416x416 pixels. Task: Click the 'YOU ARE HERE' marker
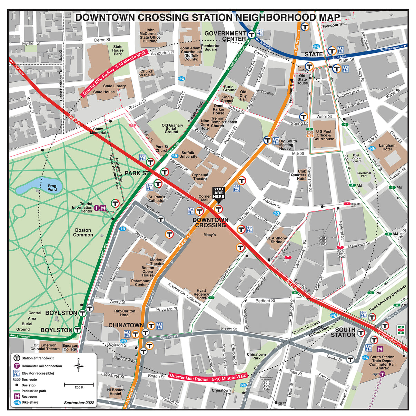coord(218,193)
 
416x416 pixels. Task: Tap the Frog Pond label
coord(52,188)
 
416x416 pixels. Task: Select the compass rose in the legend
coord(79,365)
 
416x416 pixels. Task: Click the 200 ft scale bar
coord(79,384)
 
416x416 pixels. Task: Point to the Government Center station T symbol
coord(252,34)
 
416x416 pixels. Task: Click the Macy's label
coord(209,235)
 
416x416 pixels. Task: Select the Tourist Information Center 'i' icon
coord(97,208)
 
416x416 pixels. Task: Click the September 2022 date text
coord(79,403)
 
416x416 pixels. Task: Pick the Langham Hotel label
coord(387,147)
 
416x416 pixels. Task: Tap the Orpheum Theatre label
coord(200,177)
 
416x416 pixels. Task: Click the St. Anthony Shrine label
coord(276,240)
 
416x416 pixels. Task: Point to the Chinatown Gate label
coord(221,392)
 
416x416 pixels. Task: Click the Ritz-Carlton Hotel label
coord(125,313)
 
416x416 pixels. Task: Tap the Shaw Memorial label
coord(98,131)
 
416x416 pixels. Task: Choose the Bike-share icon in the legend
coord(17,403)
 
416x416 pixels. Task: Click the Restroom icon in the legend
coord(17,397)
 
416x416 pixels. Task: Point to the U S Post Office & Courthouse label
coord(324,135)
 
